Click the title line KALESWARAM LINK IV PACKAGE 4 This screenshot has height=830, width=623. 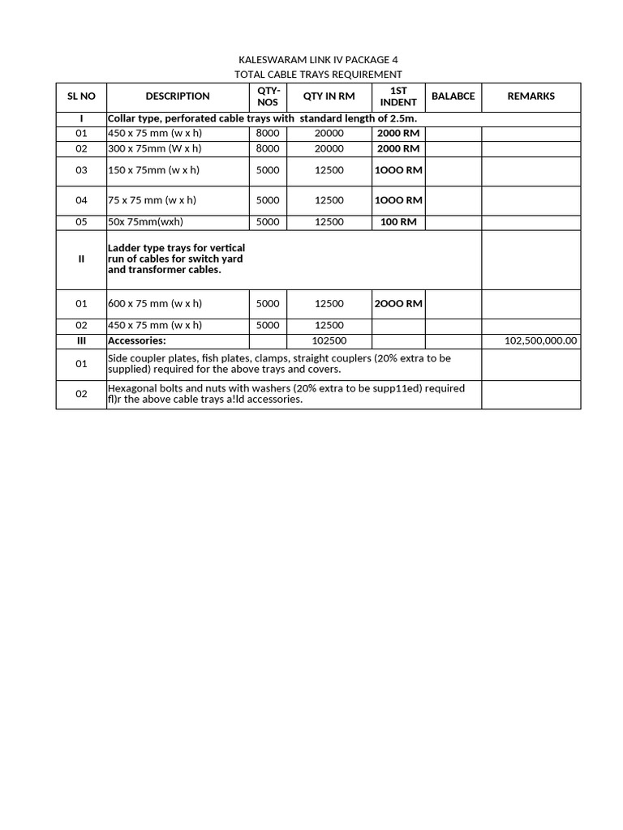pyautogui.click(x=318, y=60)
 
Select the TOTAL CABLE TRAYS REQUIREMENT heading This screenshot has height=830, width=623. pyautogui.click(x=318, y=74)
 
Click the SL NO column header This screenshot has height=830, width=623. pyautogui.click(x=81, y=96)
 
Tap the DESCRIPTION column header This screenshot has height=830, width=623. pyautogui.click(x=178, y=96)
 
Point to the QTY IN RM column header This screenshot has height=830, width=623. pyautogui.click(x=329, y=96)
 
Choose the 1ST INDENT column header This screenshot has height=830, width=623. pyautogui.click(x=398, y=96)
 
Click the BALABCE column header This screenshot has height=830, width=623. pyautogui.click(x=453, y=96)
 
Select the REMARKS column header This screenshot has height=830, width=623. pyautogui.click(x=531, y=96)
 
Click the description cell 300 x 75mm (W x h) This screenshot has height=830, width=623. pyautogui.click(x=154, y=149)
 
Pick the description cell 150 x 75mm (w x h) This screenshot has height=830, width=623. pyautogui.click(x=153, y=170)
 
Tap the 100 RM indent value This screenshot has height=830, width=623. pyautogui.click(x=398, y=222)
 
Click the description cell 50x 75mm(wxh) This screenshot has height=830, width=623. pyautogui.click(x=145, y=222)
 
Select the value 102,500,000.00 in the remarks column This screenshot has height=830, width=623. pyautogui.click(x=540, y=341)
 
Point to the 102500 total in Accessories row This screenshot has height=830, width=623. pyautogui.click(x=329, y=341)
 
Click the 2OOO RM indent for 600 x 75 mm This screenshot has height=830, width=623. pyautogui.click(x=397, y=304)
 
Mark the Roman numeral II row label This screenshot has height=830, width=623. pyautogui.click(x=81, y=259)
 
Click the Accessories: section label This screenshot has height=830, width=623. pyautogui.click(x=136, y=341)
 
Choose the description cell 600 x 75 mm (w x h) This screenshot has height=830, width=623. pyautogui.click(x=155, y=304)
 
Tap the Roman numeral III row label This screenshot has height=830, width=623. pyautogui.click(x=81, y=341)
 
